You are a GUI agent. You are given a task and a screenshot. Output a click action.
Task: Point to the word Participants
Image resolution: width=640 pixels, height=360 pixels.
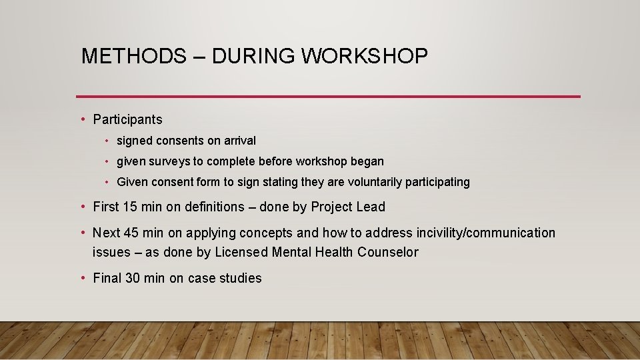coord(127,119)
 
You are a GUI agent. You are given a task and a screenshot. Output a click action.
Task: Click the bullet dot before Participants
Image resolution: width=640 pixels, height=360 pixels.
coord(83,119)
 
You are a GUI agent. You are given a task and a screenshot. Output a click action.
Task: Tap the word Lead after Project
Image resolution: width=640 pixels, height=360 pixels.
coord(371,207)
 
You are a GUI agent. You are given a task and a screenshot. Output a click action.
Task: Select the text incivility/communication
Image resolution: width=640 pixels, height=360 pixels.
coord(479,233)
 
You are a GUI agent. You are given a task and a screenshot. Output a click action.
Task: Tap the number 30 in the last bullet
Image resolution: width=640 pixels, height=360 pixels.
coord(133,278)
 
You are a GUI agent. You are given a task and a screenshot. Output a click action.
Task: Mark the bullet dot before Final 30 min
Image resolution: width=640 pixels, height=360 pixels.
coord(83,278)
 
